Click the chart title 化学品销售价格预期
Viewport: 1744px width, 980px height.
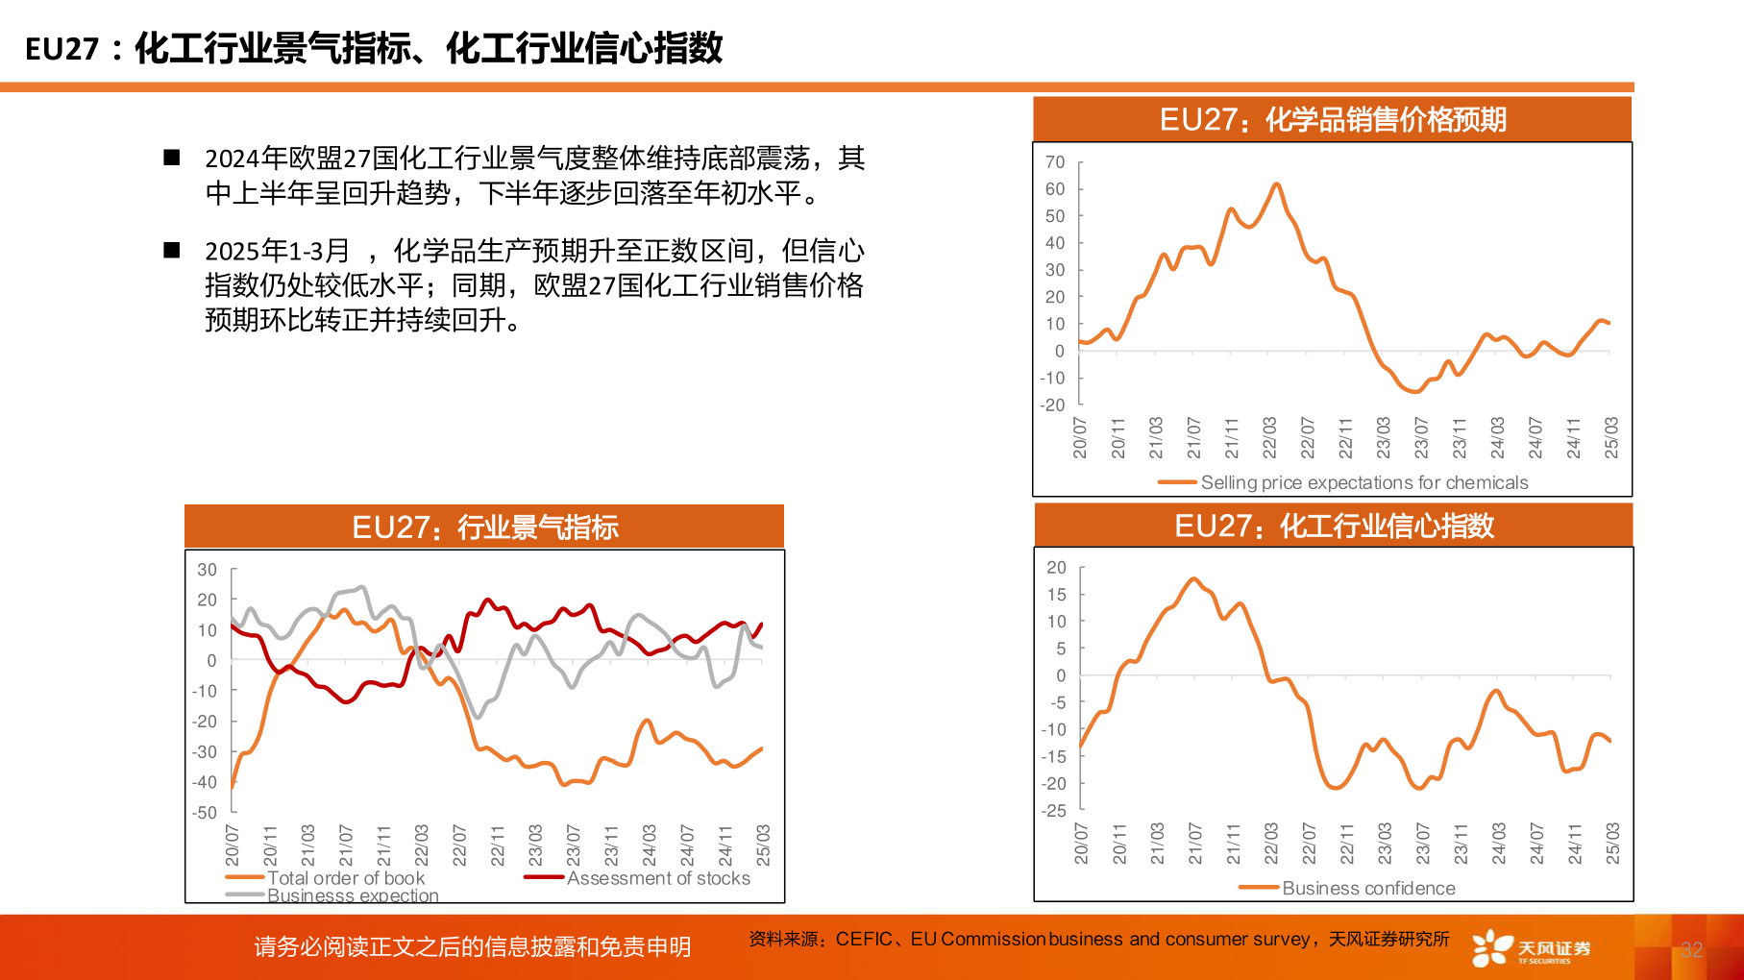(1333, 120)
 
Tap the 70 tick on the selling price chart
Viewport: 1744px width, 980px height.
(1055, 162)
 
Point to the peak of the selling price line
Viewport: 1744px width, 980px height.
(1276, 184)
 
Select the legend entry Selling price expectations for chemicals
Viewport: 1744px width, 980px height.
(1363, 482)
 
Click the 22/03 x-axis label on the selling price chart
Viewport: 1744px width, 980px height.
(1269, 437)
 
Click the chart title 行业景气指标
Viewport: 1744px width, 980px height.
(484, 527)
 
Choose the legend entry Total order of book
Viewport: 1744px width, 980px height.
(345, 877)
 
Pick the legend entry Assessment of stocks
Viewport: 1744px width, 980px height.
(657, 877)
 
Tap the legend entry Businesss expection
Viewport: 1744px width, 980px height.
(352, 895)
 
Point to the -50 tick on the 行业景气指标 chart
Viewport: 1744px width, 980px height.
(205, 813)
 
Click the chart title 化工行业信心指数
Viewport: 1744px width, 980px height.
(1334, 526)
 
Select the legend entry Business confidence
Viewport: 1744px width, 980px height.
(1367, 888)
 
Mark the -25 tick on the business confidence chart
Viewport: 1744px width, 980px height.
(1054, 811)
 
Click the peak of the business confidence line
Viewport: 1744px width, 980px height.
(1194, 578)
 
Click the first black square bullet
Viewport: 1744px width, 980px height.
(172, 158)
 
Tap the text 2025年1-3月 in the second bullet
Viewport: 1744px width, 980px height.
(277, 251)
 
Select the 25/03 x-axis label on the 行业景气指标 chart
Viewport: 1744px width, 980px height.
(763, 845)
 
